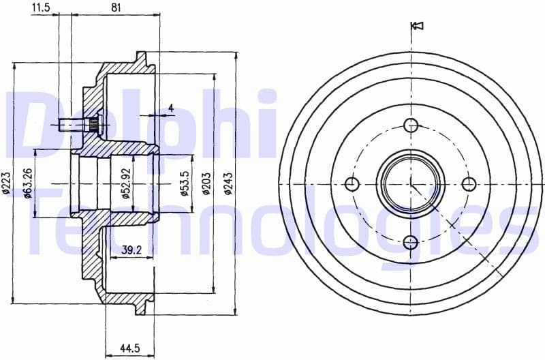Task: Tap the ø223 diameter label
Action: [x=6, y=184]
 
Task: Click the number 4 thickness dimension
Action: [x=170, y=108]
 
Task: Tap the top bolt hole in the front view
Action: [x=410, y=125]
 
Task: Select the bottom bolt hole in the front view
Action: [x=410, y=242]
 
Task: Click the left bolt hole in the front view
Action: [x=352, y=183]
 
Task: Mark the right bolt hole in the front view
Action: [x=469, y=183]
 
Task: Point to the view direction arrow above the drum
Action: [x=418, y=27]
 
